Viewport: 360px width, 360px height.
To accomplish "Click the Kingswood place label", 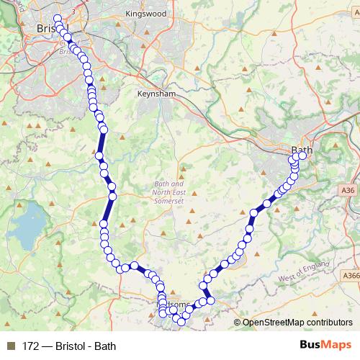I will (x=145, y=14).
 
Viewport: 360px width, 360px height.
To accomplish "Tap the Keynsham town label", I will (x=158, y=94).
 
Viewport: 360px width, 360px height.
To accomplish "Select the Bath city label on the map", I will (x=302, y=150).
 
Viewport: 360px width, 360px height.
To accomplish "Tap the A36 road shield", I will (x=348, y=190).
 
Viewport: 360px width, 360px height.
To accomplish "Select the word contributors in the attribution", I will (x=331, y=323).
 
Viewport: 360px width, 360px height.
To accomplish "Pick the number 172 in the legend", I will (x=31, y=346).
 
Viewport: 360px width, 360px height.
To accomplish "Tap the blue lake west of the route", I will (x=26, y=230).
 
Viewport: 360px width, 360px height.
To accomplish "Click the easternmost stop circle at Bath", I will (x=302, y=156).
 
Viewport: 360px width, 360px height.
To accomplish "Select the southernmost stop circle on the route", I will (x=181, y=321).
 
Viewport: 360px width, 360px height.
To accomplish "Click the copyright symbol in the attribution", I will (x=238, y=323).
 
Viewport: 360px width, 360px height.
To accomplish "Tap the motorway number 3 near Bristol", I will (x=74, y=13).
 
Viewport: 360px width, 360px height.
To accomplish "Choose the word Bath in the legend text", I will (x=105, y=346).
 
